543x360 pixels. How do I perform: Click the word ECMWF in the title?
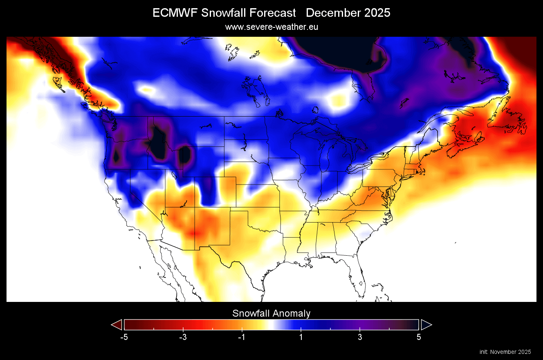click(x=175, y=13)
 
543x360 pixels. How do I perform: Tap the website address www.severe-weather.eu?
click(x=271, y=27)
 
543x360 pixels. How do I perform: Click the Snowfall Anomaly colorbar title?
click(x=271, y=313)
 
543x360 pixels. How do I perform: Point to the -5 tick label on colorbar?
click(x=124, y=337)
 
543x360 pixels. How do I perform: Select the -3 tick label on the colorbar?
click(x=183, y=337)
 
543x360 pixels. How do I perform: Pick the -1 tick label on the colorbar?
click(x=242, y=337)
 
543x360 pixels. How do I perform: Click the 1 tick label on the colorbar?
click(x=301, y=337)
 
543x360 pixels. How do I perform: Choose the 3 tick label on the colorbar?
click(x=360, y=337)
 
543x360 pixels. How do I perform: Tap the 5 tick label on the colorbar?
click(x=419, y=337)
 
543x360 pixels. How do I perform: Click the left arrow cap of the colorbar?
click(x=117, y=325)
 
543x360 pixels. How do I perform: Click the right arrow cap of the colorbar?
click(x=426, y=325)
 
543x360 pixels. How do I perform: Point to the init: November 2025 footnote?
click(x=505, y=352)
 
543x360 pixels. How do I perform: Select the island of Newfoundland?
click(x=514, y=123)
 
